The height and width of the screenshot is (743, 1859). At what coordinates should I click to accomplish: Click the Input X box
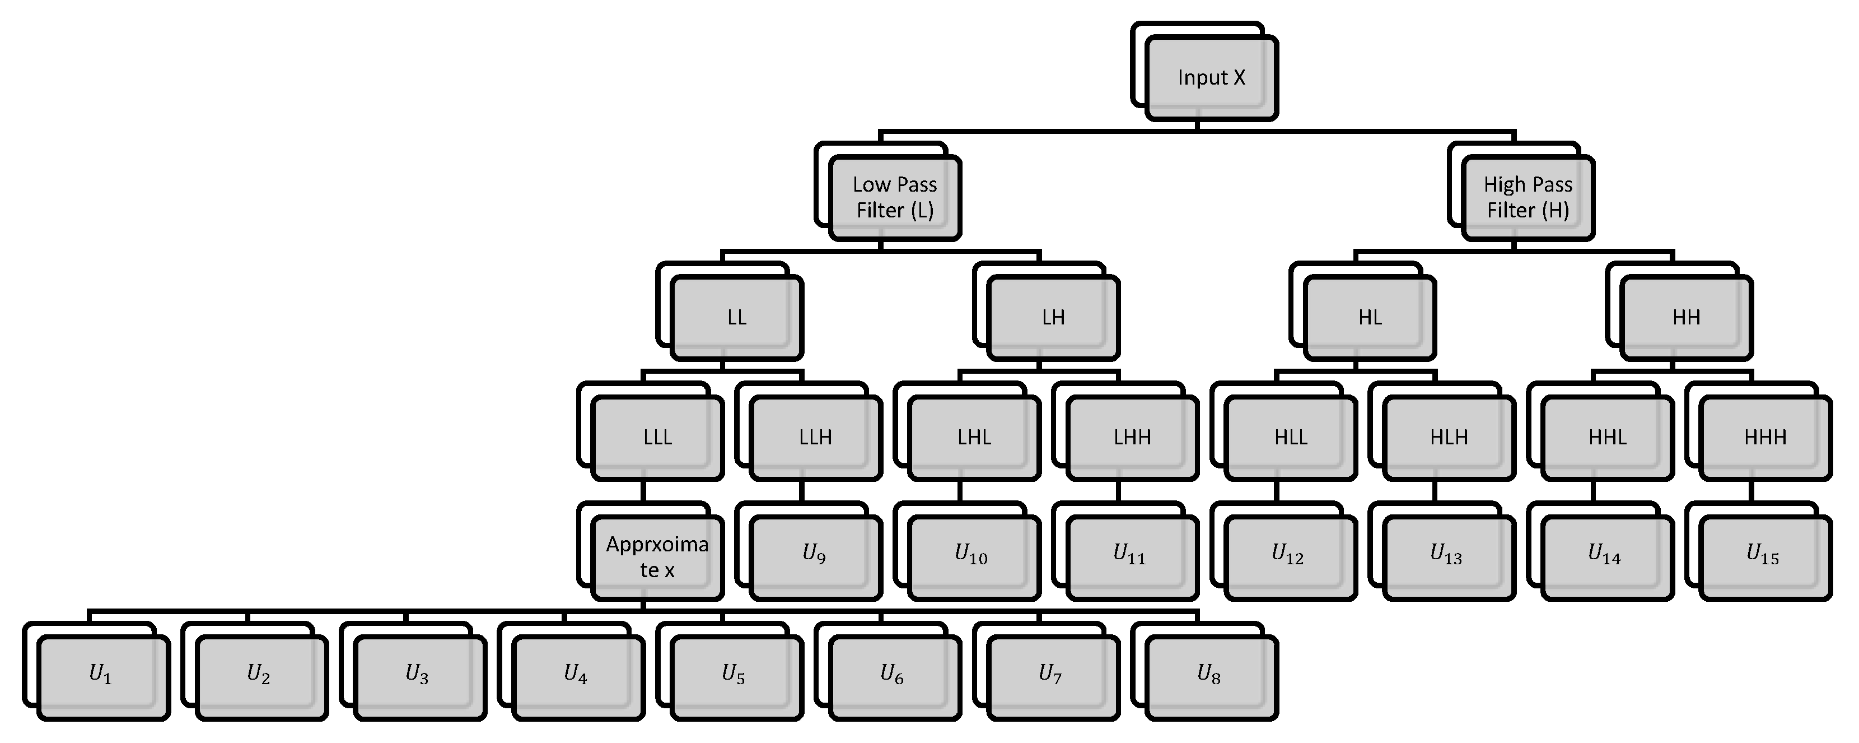pyautogui.click(x=1211, y=78)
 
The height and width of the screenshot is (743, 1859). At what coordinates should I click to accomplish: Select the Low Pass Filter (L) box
pyautogui.click(x=895, y=198)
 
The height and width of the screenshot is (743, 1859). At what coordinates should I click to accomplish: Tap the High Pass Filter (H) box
pyautogui.click(x=1528, y=198)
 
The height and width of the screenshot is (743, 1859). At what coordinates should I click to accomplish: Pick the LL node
pyautogui.click(x=736, y=318)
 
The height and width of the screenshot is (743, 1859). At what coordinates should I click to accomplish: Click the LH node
pyautogui.click(x=1053, y=318)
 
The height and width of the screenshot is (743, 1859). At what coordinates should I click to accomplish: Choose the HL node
pyautogui.click(x=1370, y=318)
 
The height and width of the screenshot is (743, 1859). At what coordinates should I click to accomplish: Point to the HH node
pyautogui.click(x=1687, y=318)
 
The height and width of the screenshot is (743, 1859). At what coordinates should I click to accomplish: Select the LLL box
pyautogui.click(x=657, y=438)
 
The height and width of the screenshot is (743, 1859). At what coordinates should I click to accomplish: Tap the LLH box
pyautogui.click(x=815, y=438)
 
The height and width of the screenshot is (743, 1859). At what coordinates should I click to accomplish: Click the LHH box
pyautogui.click(x=1132, y=438)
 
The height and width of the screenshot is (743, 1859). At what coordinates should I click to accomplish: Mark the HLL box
pyautogui.click(x=1290, y=438)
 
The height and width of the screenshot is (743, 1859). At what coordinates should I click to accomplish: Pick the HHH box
pyautogui.click(x=1765, y=438)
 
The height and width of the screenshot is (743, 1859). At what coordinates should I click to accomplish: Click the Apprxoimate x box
pyautogui.click(x=657, y=558)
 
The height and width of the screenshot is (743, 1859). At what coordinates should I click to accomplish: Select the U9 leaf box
pyautogui.click(x=815, y=558)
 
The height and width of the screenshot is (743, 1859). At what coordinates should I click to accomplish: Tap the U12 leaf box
pyautogui.click(x=1290, y=558)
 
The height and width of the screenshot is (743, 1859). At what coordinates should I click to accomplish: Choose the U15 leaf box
pyautogui.click(x=1765, y=558)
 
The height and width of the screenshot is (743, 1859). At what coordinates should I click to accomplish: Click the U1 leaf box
pyautogui.click(x=102, y=677)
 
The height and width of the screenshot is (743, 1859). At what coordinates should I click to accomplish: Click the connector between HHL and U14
pyautogui.click(x=1592, y=492)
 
